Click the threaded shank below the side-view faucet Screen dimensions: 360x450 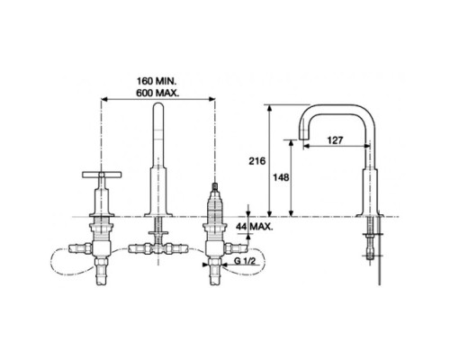371,241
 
